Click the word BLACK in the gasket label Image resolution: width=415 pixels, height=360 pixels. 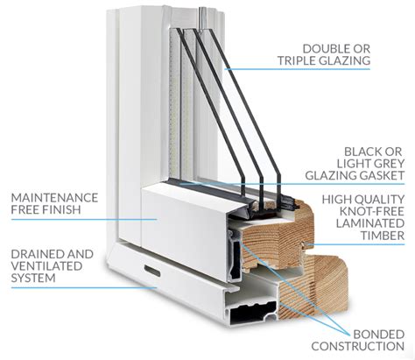pos(361,152)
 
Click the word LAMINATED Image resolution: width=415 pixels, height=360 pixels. pos(370,223)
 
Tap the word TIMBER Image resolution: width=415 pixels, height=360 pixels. pos(383,236)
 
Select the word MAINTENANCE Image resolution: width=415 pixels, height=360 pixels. pos(54,198)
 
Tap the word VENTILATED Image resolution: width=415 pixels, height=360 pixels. pos(46,266)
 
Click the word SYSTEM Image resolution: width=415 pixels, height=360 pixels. pos(33,278)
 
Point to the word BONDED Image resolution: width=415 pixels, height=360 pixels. pos(379,334)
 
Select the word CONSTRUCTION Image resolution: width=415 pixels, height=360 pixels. pos(358,346)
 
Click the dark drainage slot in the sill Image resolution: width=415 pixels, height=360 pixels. pos(152,272)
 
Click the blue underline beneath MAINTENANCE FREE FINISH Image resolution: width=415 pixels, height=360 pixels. pos(84,219)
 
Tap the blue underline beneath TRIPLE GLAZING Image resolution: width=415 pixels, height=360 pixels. pos(297,69)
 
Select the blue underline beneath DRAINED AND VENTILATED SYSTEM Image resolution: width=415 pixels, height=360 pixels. pos(84,287)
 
